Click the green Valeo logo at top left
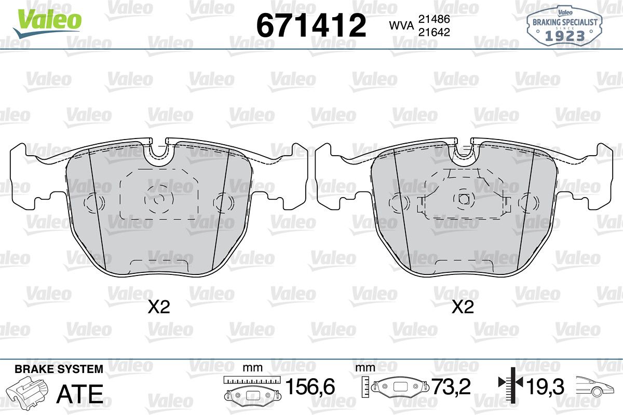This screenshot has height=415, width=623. tap(47, 23)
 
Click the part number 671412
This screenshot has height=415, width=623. tap(311, 25)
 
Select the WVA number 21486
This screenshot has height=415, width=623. tap(434, 19)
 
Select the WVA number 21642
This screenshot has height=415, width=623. tap(434, 33)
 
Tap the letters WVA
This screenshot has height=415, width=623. tap(402, 26)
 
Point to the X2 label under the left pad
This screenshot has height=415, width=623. tap(158, 307)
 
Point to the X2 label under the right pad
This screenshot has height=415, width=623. tap(463, 307)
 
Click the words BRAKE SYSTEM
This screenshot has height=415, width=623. tap(59, 369)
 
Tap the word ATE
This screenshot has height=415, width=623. tap(80, 394)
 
